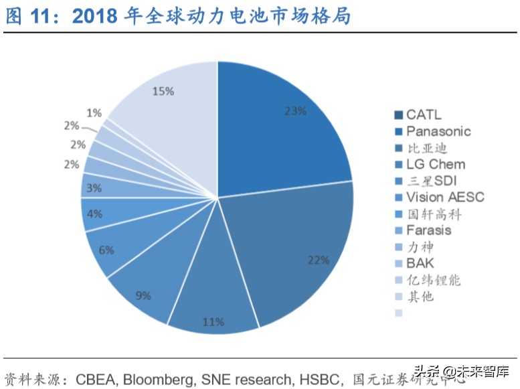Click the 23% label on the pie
click(295, 111)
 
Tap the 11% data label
click(213, 322)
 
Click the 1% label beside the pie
click(94, 113)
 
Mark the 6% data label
click(106, 250)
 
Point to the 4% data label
click(94, 215)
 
